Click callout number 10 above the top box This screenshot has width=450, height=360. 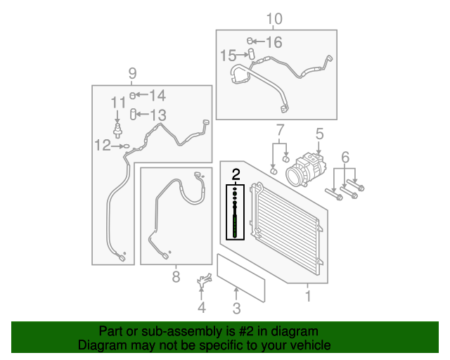(x=274, y=19)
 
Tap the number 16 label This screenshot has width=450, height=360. (x=274, y=42)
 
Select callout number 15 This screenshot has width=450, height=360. (x=228, y=56)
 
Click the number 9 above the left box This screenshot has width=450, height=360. (x=132, y=74)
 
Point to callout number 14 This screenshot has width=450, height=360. (x=157, y=96)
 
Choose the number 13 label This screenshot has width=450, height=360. (x=158, y=115)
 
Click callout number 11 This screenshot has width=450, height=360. (x=118, y=103)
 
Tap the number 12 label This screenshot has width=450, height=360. (x=103, y=146)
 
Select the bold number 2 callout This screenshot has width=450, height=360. (x=236, y=174)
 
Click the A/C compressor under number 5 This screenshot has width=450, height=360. (x=306, y=169)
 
